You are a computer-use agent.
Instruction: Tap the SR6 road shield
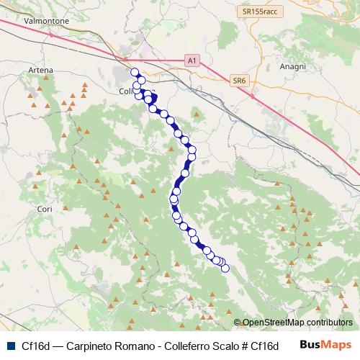click(x=240, y=81)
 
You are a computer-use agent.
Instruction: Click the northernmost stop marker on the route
click(x=134, y=71)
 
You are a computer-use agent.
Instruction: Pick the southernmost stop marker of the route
click(x=225, y=269)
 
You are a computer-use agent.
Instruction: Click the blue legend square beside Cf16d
click(x=9, y=344)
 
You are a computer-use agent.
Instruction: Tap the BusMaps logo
click(x=326, y=344)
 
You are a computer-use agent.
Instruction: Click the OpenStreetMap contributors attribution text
click(x=297, y=323)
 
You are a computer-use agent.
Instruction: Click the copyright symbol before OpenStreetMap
click(x=238, y=323)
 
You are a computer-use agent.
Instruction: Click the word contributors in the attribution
click(x=328, y=323)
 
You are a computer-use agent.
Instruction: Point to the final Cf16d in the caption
click(x=265, y=345)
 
